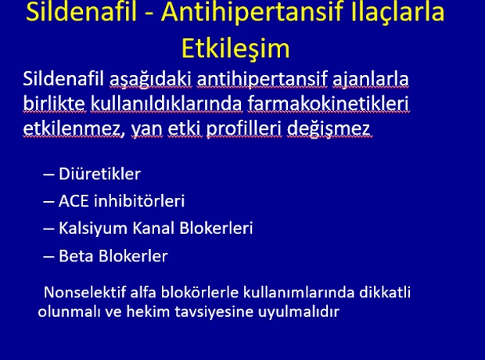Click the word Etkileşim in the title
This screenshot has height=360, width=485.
coord(235,49)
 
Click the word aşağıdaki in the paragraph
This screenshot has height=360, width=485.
coord(151,79)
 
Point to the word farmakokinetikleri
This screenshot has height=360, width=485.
coord(328,103)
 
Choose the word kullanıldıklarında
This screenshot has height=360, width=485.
coord(166,103)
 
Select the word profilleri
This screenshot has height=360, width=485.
coord(244,129)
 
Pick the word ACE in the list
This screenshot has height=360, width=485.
coord(74,201)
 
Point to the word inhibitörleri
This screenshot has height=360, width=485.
coord(139,200)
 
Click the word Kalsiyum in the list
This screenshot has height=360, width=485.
coord(93,229)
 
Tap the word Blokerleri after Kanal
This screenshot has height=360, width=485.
coord(216,228)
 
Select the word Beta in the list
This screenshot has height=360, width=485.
coord(76,256)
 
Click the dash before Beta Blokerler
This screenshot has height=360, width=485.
coord(48,257)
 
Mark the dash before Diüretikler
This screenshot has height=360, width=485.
coord(48,175)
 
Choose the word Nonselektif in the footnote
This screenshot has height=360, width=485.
coord(85,292)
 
